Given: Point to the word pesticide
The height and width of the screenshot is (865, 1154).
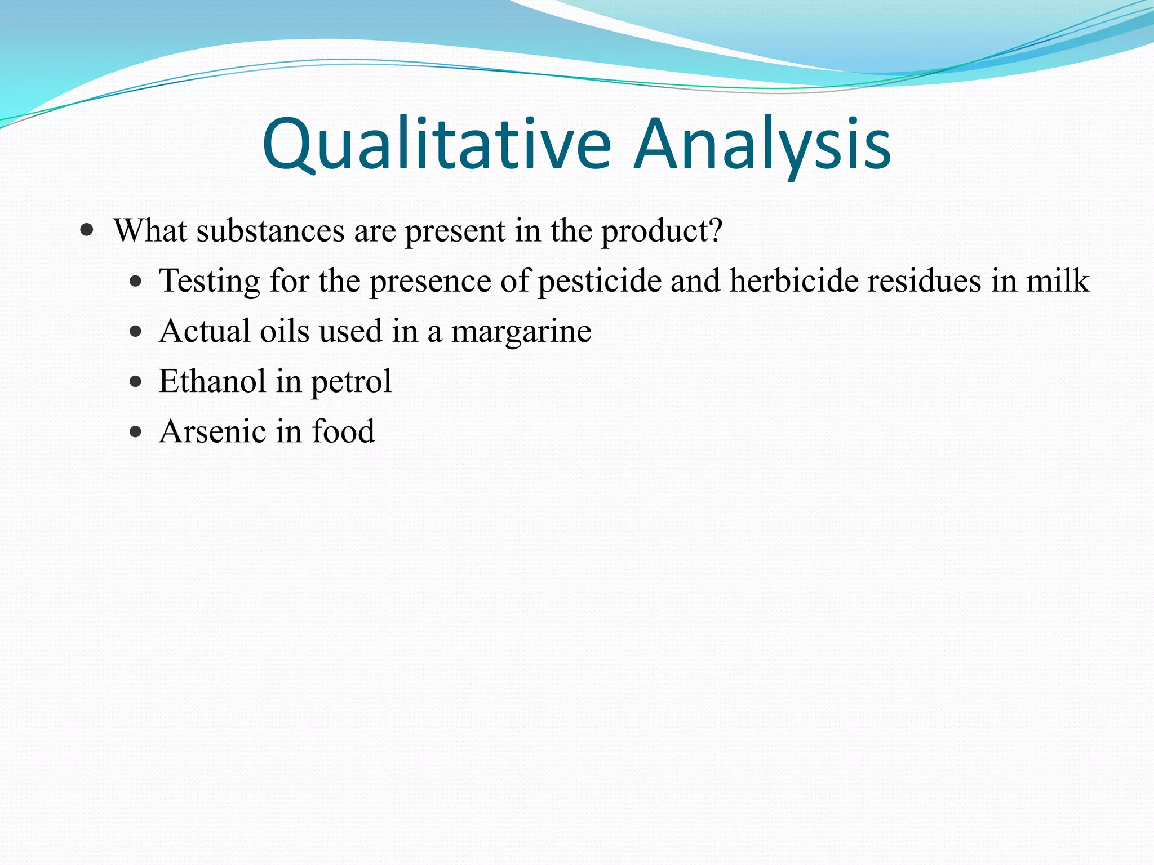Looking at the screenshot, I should pos(600,281).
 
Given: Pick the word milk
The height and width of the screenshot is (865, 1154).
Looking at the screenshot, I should pos(1058,281).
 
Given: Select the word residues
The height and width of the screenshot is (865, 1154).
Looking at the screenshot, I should pos(924,281).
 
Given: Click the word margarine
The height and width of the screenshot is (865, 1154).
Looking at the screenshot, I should pos(521,332).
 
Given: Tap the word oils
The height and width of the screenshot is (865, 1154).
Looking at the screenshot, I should pos(285,331).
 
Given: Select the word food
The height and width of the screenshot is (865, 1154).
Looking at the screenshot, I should pos(343,432).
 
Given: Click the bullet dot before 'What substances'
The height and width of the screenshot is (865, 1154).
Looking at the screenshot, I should pos(87,230).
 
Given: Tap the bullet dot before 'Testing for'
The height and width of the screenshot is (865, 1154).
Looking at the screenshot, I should pos(135,281).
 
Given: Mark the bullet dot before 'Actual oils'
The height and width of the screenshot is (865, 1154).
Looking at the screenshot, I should pos(135,331).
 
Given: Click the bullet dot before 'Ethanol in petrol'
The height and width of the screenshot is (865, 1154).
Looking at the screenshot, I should pos(135,382).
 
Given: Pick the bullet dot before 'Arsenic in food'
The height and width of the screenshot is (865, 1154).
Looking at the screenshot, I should pos(135,432).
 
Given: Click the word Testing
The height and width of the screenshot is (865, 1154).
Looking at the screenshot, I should pos(210,282).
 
